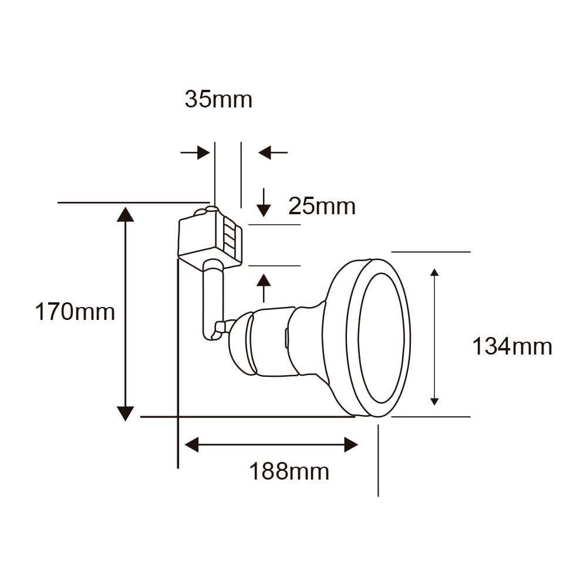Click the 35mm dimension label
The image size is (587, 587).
[x=218, y=100]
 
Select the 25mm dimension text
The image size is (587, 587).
[x=322, y=206]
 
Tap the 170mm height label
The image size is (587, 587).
[x=75, y=311]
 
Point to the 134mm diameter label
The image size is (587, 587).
[x=512, y=346]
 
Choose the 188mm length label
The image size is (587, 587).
[x=289, y=471]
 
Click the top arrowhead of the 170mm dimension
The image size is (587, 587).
[x=125, y=214]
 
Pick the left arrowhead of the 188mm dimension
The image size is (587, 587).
[x=193, y=445]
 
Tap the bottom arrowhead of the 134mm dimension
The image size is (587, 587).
[x=434, y=400]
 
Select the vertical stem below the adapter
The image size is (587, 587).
[x=212, y=299]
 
